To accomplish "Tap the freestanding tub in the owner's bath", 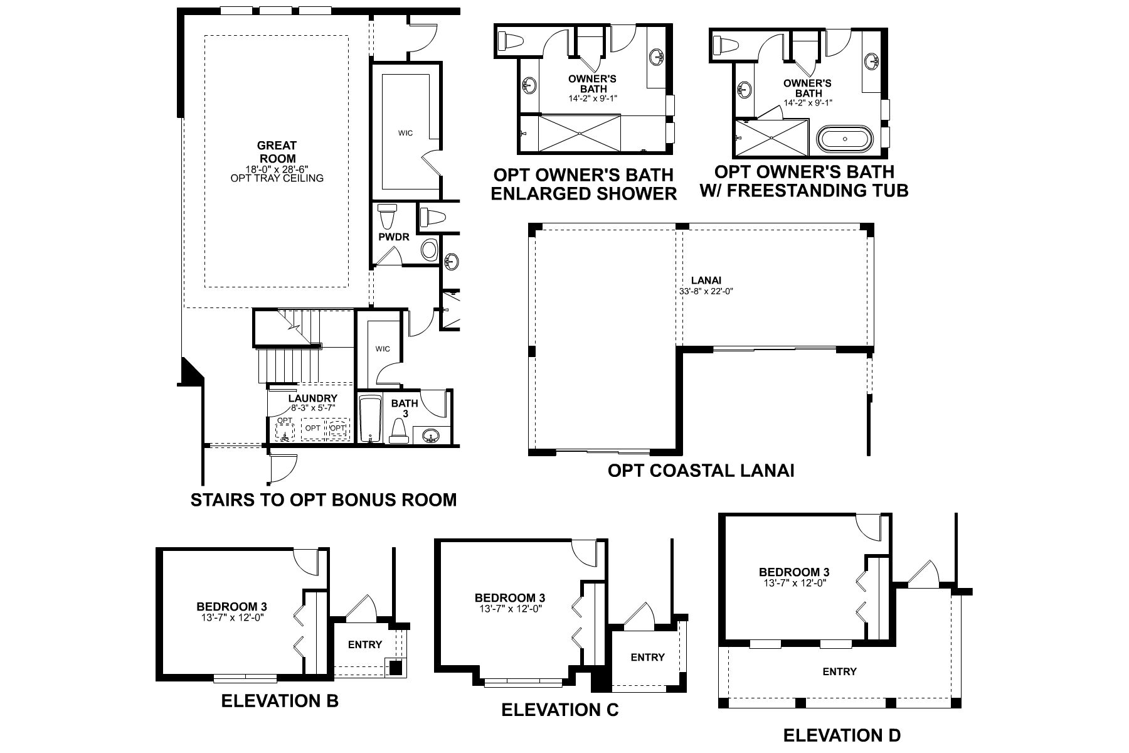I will point(844,139).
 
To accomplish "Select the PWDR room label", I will point(393,237).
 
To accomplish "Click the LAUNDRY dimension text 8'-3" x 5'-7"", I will point(312,407).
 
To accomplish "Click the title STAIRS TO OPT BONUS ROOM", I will point(323,500).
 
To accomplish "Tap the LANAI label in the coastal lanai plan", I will point(702,280).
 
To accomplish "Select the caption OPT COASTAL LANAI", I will point(701,471).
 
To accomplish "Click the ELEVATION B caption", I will point(280,700).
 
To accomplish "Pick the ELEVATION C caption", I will point(559,710).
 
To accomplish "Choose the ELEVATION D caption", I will point(842,735).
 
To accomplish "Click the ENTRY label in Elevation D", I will point(839,671).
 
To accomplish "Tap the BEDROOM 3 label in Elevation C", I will point(509,598).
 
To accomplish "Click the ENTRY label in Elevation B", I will point(364,644).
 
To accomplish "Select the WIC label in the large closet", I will point(405,133).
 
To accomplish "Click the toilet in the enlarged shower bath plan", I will point(509,41).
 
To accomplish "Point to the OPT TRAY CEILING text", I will point(277,178).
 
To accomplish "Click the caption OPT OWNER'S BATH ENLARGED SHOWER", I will point(583,184).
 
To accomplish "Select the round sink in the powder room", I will point(429,250).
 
